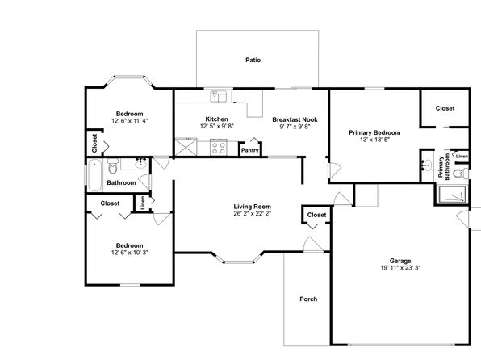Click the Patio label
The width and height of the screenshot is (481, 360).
click(x=253, y=60)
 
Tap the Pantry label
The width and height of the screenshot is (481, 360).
click(x=249, y=150)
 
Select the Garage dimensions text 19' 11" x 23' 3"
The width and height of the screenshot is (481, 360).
click(x=400, y=268)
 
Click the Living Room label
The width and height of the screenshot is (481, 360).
click(x=252, y=207)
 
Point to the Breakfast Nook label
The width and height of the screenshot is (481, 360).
click(x=295, y=119)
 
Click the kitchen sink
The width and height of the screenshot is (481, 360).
click(x=218, y=96)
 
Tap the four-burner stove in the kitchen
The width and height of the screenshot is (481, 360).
click(x=219, y=148)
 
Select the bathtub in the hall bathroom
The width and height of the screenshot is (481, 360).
click(x=94, y=175)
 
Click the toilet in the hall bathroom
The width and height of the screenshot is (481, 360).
click(x=113, y=166)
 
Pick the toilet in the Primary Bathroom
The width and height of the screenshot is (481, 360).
click(x=461, y=174)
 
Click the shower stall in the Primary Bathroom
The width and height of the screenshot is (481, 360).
click(x=453, y=195)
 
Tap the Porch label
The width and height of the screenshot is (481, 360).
click(x=308, y=299)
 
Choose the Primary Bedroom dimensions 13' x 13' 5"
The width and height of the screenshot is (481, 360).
click(x=374, y=140)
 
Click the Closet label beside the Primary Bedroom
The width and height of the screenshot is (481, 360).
click(x=445, y=108)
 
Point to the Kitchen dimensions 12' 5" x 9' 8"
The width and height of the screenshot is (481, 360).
click(x=217, y=126)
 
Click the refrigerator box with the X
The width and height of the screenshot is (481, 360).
click(x=186, y=148)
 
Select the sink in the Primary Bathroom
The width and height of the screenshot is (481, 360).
click(x=426, y=165)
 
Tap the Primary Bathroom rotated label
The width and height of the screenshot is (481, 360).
click(x=444, y=166)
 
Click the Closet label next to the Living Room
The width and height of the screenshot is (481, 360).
click(x=316, y=215)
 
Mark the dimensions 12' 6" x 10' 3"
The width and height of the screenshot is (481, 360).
click(x=130, y=253)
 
